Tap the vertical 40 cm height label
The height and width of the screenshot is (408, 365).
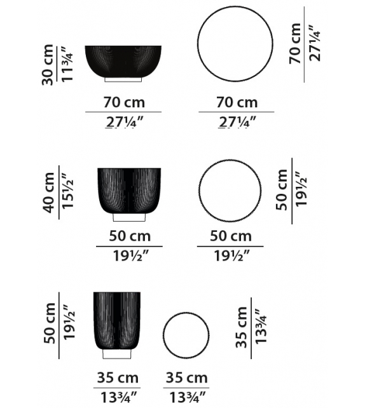50,191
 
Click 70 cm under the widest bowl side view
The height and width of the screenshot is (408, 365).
123,102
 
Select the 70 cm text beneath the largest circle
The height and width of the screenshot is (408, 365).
237,102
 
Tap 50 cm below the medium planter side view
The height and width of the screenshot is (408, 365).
129,236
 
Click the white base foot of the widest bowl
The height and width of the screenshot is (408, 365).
123,81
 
